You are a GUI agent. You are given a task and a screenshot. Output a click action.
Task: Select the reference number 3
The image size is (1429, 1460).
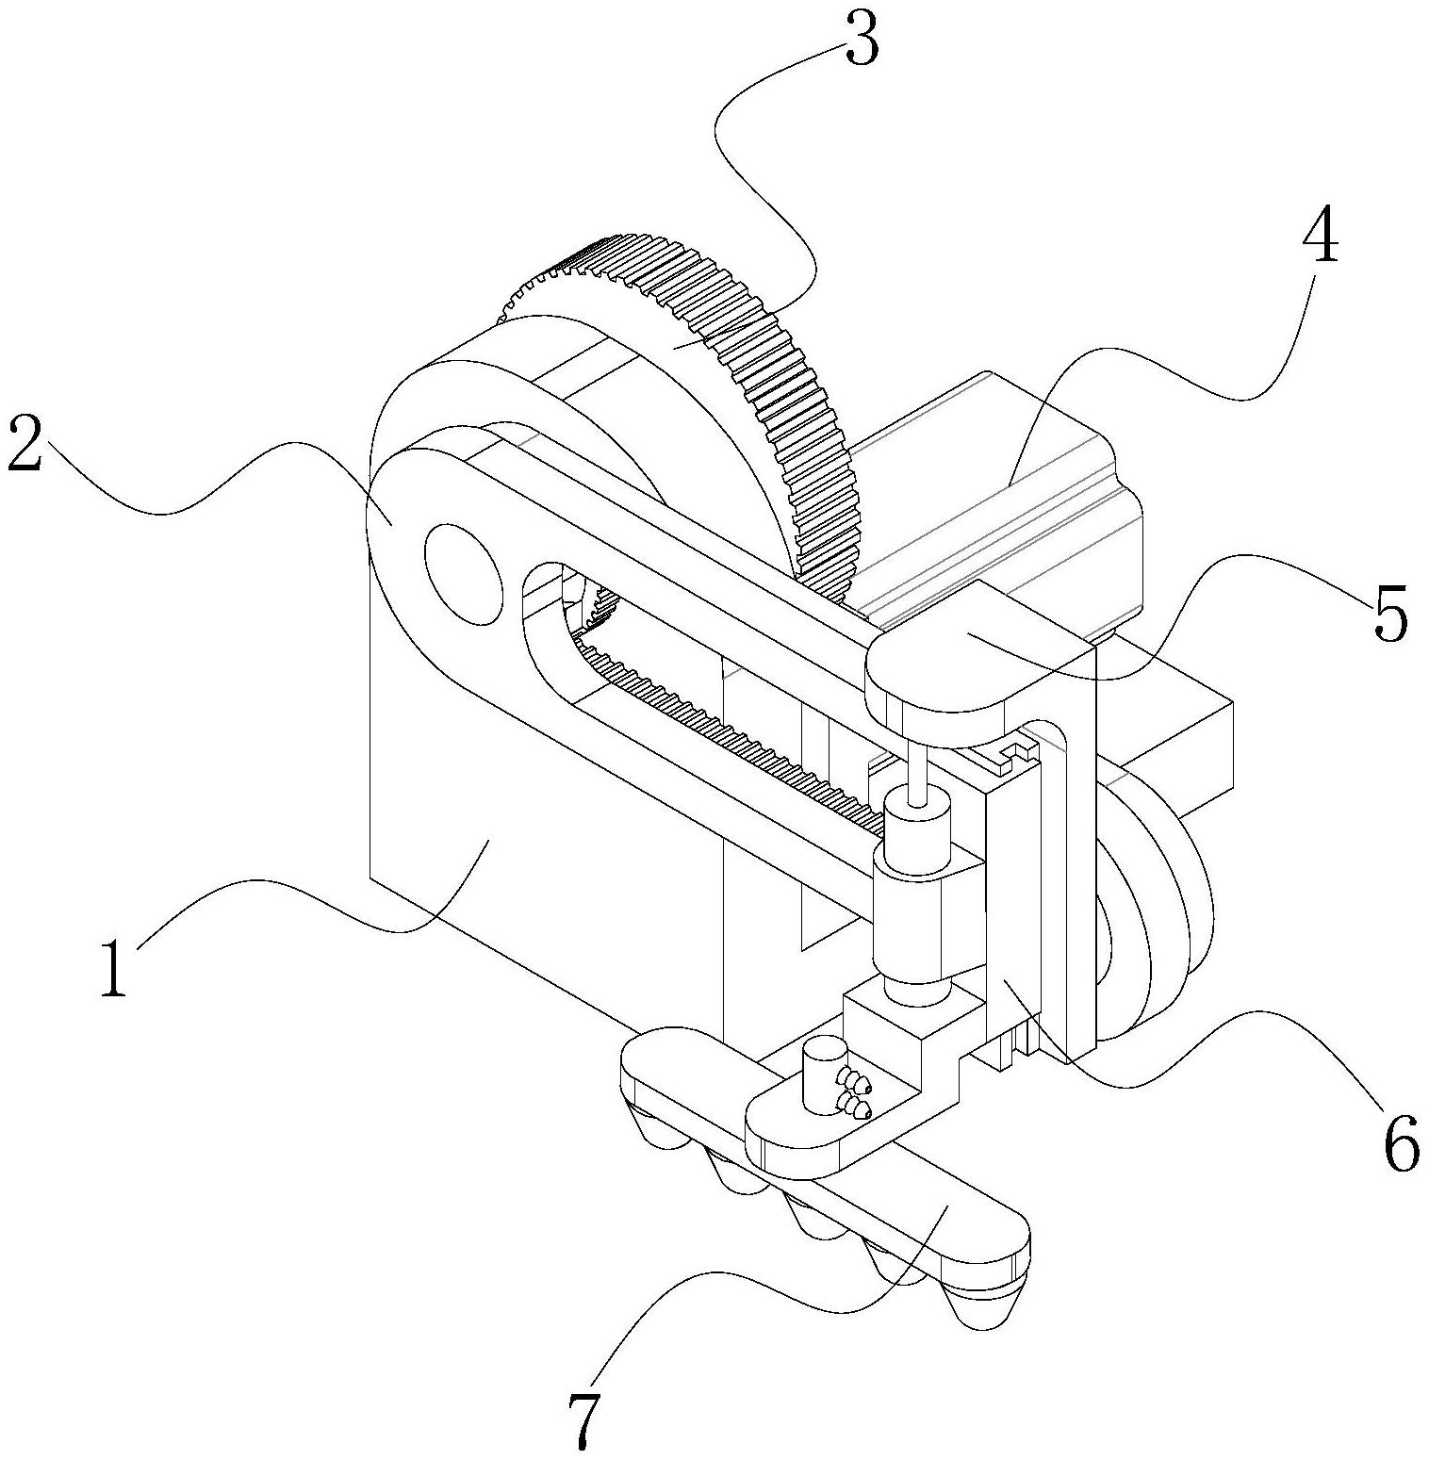pyautogui.click(x=862, y=38)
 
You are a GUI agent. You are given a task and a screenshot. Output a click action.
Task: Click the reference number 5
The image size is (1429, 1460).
pyautogui.click(x=1389, y=614)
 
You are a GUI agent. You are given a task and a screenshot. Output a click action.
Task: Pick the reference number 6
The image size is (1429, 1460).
pyautogui.click(x=1401, y=1142)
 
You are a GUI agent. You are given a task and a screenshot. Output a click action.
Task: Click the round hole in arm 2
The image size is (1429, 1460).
pyautogui.click(x=463, y=574)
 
